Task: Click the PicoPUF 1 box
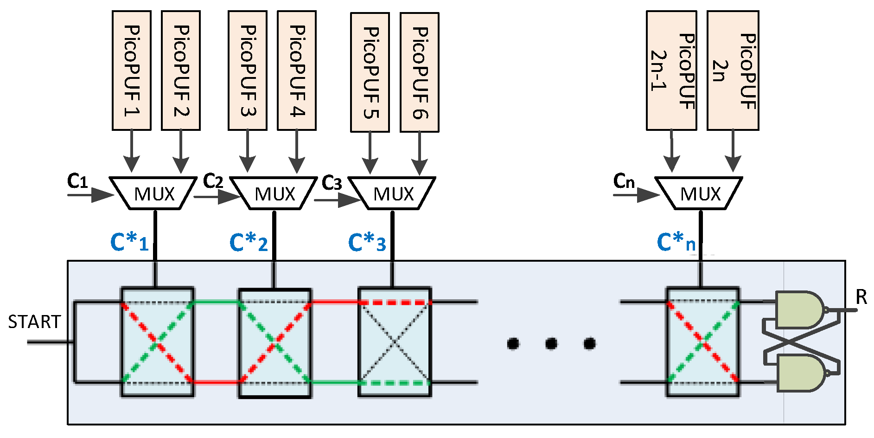pyautogui.click(x=131, y=71)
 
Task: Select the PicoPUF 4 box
pyautogui.click(x=296, y=71)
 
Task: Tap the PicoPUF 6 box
pyautogui.click(x=419, y=72)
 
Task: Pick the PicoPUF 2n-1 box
pyautogui.click(x=671, y=71)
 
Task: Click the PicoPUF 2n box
pyautogui.click(x=733, y=71)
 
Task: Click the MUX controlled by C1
pyautogui.click(x=154, y=193)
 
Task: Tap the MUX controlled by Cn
pyautogui.click(x=700, y=193)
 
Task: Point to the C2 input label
pyautogui.click(x=213, y=181)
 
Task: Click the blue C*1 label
pyautogui.click(x=129, y=242)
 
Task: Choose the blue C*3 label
pyautogui.click(x=367, y=242)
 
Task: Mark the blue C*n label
pyautogui.click(x=676, y=242)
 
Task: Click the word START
pyautogui.click(x=34, y=322)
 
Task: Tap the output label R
pyautogui.click(x=861, y=297)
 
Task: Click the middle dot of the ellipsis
pyautogui.click(x=551, y=344)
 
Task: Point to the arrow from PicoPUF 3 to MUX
pyautogui.click(x=248, y=151)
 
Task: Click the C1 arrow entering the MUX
pyautogui.click(x=90, y=195)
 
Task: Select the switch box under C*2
pyautogui.click(x=274, y=343)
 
